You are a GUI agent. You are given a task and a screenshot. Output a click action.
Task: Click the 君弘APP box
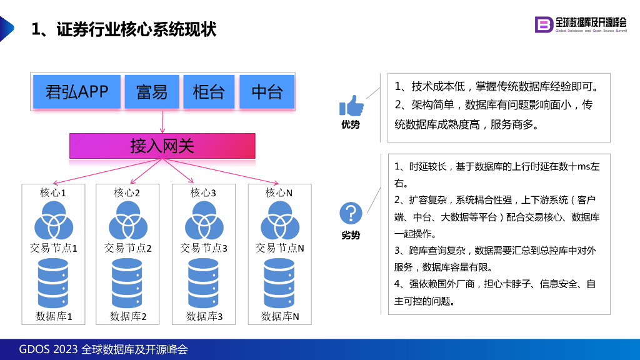click(x=77, y=92)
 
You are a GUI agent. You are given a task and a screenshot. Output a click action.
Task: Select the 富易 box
click(x=152, y=92)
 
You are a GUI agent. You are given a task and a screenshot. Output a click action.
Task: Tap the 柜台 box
click(x=209, y=92)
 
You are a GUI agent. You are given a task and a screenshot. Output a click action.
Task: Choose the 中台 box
click(x=267, y=92)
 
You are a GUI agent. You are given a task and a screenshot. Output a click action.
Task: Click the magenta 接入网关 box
click(x=162, y=146)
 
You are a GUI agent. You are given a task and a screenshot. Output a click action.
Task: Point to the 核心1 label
click(x=52, y=192)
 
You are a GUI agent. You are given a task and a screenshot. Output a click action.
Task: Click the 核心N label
click(x=279, y=192)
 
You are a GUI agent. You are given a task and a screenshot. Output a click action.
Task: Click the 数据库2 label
click(x=127, y=316)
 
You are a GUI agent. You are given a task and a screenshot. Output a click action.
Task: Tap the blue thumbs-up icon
click(x=351, y=106)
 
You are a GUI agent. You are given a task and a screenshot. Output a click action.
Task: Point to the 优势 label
click(x=351, y=124)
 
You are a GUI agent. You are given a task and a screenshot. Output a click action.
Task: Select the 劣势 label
click(x=351, y=235)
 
